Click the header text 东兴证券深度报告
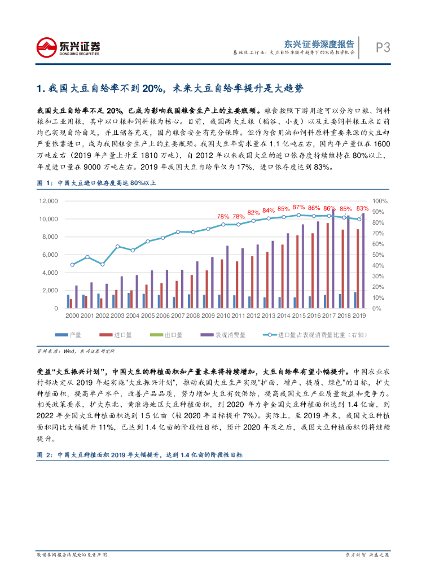click(x=319, y=44)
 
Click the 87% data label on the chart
click(x=298, y=208)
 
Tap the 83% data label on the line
click(x=362, y=209)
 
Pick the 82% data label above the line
click(x=253, y=212)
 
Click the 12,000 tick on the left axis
click(x=50, y=201)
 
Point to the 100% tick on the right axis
click(x=380, y=201)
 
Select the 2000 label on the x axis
click(x=72, y=316)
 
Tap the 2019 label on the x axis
click(x=359, y=316)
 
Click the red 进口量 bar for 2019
click(x=358, y=268)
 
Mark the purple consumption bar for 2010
click(x=227, y=277)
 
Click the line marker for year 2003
click(x=118, y=246)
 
